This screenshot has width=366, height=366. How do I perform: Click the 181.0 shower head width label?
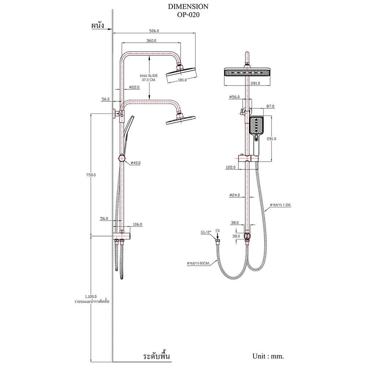point(182,79)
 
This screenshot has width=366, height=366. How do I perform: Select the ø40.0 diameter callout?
point(135,163)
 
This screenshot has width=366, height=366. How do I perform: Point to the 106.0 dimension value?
point(137,224)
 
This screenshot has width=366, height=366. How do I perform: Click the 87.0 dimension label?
point(270,106)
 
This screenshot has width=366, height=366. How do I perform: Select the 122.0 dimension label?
point(230,167)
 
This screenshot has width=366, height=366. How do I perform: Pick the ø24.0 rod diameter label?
point(234,195)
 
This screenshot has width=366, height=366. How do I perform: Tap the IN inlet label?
point(218,230)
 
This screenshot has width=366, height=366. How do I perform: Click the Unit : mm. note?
point(268,356)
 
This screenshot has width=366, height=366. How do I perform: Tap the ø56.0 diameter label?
point(234,97)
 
